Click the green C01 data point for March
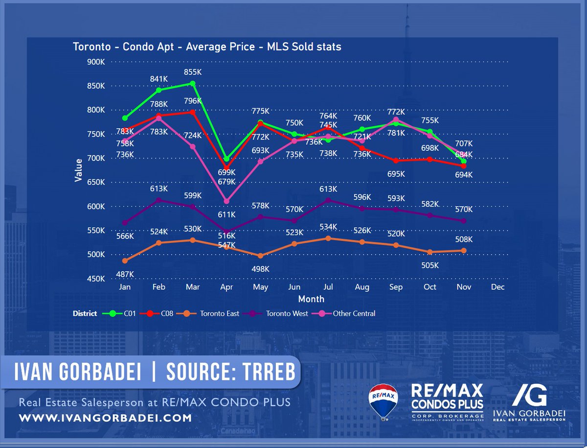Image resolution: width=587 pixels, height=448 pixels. point(193,83)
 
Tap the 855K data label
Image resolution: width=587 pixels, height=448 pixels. point(193,72)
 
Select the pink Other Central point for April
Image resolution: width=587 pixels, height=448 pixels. point(226,201)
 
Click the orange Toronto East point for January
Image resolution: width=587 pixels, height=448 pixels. point(125,260)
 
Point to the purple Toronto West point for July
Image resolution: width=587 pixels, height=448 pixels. point(328,200)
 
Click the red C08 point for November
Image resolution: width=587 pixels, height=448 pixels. point(464,166)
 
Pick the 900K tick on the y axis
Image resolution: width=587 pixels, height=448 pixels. point(95,62)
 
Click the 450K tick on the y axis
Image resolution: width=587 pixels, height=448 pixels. point(95,279)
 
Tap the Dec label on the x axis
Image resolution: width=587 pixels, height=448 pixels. point(497,287)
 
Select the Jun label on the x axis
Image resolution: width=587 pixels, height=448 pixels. point(294,287)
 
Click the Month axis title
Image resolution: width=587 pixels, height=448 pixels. point(312,299)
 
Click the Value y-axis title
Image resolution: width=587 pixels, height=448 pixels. point(78,170)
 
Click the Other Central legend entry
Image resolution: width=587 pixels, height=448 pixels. point(354,313)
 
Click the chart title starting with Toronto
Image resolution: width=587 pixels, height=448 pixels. point(207,47)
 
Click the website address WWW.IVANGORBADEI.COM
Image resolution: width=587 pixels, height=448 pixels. point(105,418)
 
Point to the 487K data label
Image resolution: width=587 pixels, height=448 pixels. point(125,274)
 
